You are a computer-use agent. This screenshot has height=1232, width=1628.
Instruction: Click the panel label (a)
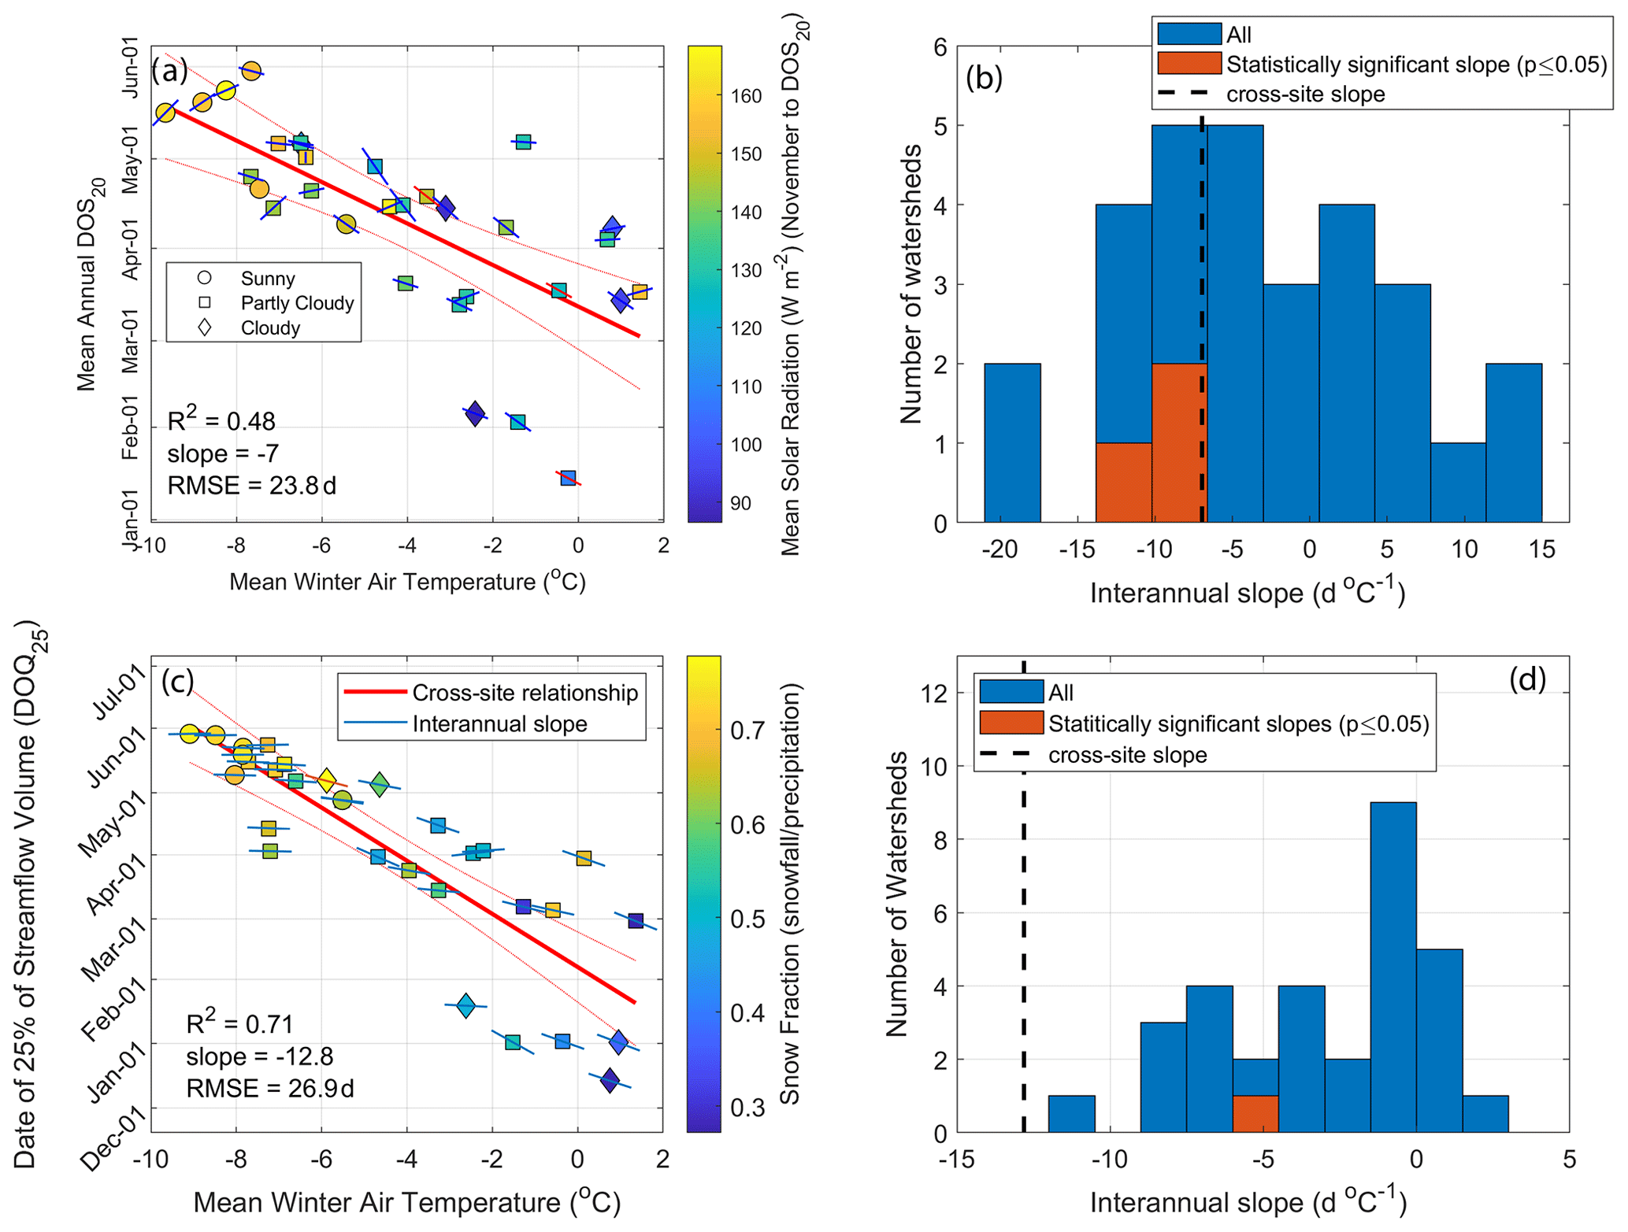(x=170, y=71)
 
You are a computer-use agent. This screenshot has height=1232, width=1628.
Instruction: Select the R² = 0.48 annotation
(x=221, y=421)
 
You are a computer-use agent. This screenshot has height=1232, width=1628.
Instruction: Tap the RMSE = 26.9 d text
(x=269, y=1088)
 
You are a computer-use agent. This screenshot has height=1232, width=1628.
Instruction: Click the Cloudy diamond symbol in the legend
(x=205, y=327)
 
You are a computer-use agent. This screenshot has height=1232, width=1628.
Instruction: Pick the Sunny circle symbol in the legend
(x=205, y=278)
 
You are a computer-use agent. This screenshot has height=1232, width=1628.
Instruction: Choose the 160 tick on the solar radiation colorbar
(x=745, y=96)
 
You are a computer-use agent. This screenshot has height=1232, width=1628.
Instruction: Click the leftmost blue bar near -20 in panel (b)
(x=1012, y=442)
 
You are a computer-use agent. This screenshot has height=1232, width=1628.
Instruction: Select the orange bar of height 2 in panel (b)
(x=1178, y=442)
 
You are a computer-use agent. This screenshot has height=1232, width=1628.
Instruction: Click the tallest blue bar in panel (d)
(x=1393, y=967)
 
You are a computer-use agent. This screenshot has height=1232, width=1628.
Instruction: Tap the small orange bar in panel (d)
(x=1255, y=1114)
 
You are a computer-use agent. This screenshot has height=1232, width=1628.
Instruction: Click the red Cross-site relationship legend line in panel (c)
(x=375, y=693)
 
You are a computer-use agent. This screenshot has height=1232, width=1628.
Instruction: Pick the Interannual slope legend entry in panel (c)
(x=499, y=724)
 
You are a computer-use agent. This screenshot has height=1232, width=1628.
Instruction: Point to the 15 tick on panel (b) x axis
(x=1541, y=549)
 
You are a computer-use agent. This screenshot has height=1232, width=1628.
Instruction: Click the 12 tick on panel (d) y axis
(x=935, y=693)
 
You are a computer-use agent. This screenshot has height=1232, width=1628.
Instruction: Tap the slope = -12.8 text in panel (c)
(x=259, y=1056)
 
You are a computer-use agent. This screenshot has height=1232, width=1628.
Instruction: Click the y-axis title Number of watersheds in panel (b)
(x=911, y=283)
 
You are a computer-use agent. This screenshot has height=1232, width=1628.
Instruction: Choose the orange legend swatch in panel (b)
(x=1189, y=63)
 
